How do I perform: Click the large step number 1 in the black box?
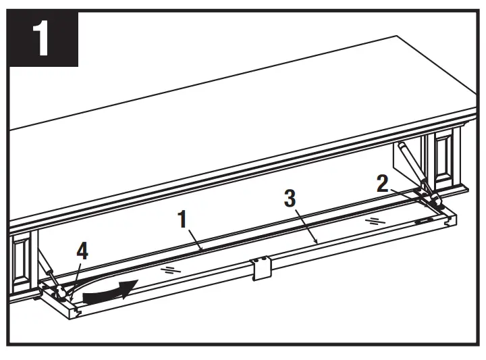click(x=41, y=38)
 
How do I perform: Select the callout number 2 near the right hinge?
click(x=382, y=184)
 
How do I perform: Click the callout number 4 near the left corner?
click(x=82, y=253)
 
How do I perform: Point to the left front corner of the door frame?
click(x=76, y=312)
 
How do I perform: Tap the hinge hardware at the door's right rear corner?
click(x=432, y=199)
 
